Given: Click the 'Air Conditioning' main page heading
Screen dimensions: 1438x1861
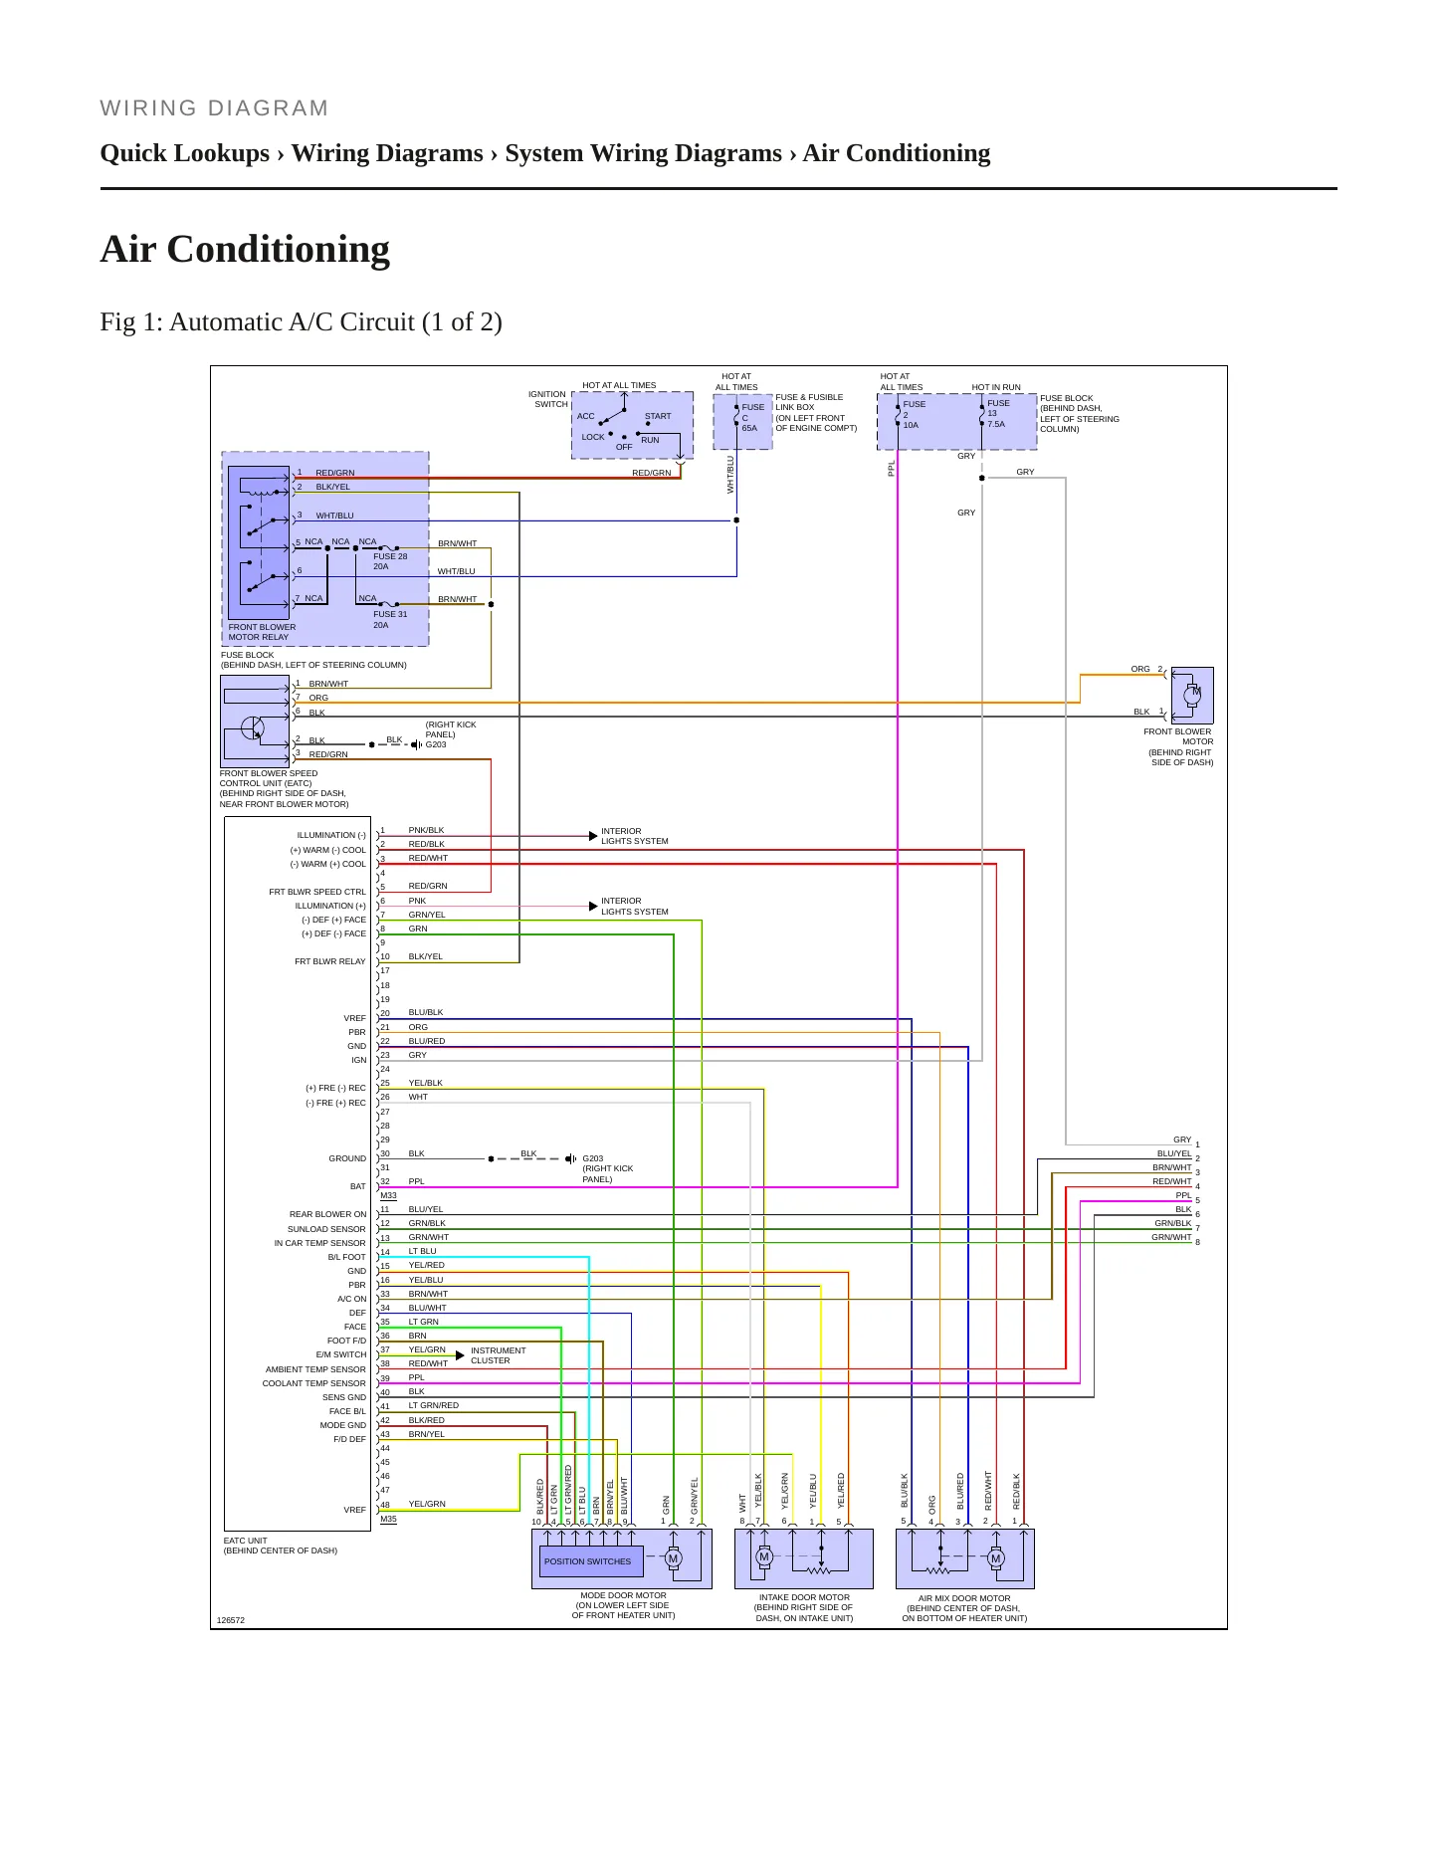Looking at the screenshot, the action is point(245,249).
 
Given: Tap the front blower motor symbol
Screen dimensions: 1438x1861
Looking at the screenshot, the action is point(1192,695).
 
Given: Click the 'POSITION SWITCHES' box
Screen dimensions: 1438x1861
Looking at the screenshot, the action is point(587,1561).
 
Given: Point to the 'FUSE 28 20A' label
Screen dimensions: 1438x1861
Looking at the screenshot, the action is point(390,561).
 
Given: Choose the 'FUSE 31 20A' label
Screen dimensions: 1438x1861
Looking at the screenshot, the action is point(390,619).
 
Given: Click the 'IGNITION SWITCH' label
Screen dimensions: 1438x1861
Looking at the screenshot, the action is point(548,399).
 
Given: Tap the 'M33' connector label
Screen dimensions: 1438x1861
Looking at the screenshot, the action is point(388,1195).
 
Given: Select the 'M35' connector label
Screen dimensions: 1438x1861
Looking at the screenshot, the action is point(388,1519).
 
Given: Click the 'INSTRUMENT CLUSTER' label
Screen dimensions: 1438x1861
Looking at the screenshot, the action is point(498,1355).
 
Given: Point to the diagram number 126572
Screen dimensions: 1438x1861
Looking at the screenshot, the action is point(230,1620).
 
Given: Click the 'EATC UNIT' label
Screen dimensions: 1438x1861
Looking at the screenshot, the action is point(246,1541).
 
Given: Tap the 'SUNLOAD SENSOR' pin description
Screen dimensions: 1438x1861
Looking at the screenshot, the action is point(326,1229).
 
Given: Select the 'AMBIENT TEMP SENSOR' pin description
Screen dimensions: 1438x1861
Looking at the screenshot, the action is point(315,1369).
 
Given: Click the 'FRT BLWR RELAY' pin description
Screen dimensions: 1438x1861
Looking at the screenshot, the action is point(330,961).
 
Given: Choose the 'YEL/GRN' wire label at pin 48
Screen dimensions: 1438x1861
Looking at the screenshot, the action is point(427,1504).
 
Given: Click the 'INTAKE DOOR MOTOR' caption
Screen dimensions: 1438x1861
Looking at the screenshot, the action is point(804,1597).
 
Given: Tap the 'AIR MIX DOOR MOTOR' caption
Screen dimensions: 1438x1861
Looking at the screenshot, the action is point(964,1598).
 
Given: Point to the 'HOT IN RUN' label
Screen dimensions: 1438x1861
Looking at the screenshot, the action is point(996,387).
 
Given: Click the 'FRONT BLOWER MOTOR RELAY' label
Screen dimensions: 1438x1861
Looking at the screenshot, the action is point(262,632).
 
